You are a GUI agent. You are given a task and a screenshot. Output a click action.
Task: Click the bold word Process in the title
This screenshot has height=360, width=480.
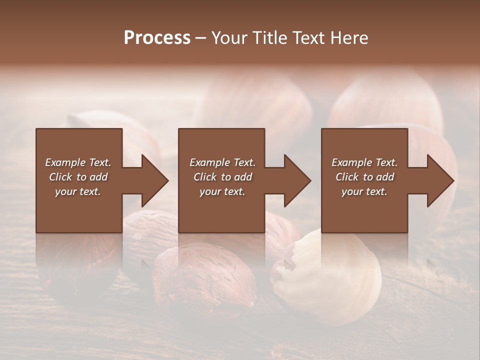(157, 38)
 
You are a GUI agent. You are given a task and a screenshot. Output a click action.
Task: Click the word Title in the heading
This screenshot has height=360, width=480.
(267, 38)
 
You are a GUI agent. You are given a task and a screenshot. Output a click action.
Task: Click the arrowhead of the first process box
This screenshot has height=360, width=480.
(154, 180)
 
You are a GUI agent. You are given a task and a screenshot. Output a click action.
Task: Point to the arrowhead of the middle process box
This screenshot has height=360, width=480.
(297, 180)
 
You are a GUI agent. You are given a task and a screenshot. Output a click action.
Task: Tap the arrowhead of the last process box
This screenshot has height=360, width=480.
(440, 180)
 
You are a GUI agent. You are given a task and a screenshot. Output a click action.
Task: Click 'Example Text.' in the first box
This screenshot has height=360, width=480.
(78, 162)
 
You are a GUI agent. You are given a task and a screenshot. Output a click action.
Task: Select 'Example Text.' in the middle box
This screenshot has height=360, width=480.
(222, 162)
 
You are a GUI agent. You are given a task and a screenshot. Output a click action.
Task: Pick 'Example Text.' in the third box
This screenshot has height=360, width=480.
(364, 162)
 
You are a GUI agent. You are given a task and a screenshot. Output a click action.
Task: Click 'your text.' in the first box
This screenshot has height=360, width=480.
(78, 191)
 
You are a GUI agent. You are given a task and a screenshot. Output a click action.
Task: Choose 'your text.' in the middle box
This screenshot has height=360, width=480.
(222, 191)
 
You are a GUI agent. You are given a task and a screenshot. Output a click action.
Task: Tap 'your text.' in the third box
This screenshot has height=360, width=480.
(364, 191)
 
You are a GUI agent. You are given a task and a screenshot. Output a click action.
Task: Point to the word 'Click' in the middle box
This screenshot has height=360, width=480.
(204, 177)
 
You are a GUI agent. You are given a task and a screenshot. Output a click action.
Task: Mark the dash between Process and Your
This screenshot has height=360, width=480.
(201, 38)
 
